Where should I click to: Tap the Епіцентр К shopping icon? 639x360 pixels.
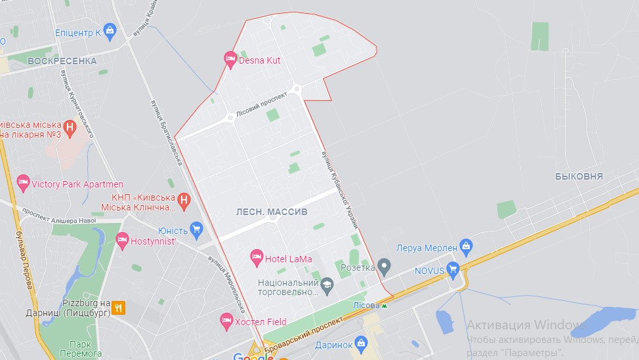pos(109,31)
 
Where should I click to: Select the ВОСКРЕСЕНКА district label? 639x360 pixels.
pos(62,61)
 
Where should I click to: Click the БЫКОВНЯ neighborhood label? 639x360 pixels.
pos(579,176)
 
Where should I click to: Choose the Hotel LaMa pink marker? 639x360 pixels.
pos(257,258)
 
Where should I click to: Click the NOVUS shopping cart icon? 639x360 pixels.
pos(453,269)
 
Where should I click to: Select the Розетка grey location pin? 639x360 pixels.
pos(384,266)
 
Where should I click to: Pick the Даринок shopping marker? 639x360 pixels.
pos(361,343)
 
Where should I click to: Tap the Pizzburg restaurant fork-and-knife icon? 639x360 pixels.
pos(118,307)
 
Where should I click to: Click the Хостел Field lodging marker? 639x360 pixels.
pos(226,321)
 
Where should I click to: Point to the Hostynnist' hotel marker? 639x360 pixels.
pos(122,241)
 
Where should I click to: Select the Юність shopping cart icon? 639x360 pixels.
pos(196,229)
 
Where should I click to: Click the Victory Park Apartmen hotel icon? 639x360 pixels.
pos(24,184)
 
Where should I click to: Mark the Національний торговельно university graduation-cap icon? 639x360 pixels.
pos(327,285)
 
